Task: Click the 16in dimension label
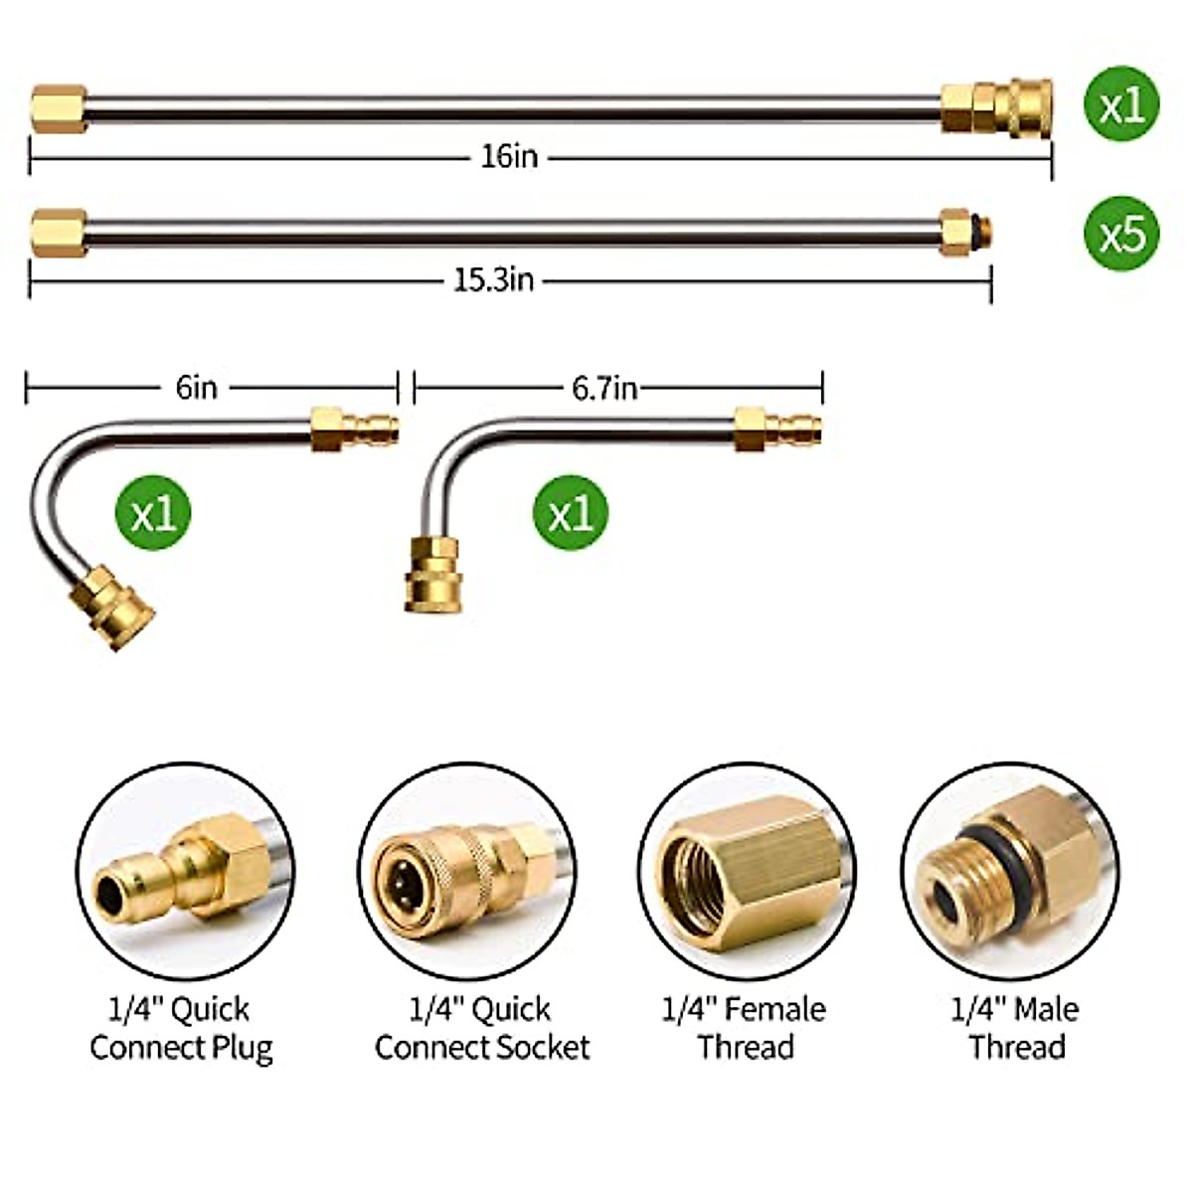click(510, 157)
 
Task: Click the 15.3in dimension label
click(494, 280)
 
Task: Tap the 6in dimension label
click(196, 388)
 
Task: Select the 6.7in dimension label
click(604, 389)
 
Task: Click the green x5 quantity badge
click(1121, 234)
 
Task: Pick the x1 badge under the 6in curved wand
click(153, 512)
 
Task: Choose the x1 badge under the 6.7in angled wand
click(571, 512)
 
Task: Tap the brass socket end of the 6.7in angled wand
click(432, 575)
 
